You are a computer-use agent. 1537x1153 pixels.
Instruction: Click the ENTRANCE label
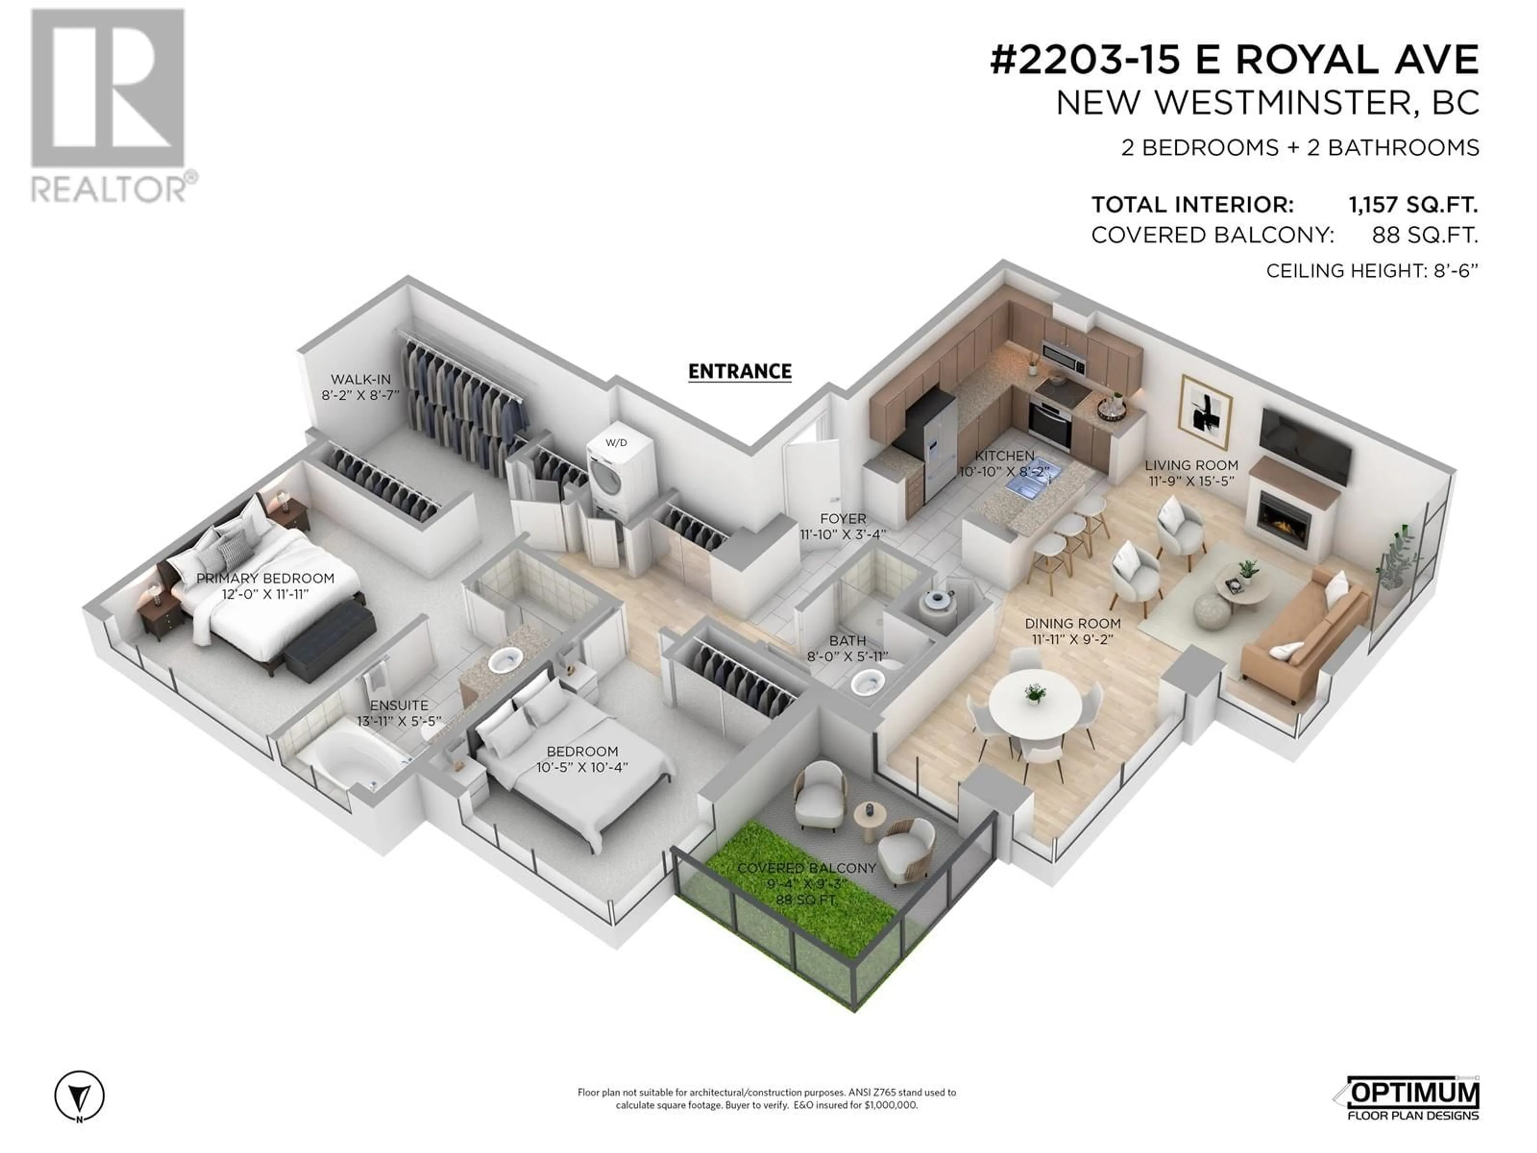point(739,372)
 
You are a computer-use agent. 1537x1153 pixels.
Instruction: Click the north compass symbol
point(79,1096)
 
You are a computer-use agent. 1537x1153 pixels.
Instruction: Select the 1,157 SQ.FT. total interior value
point(1413,205)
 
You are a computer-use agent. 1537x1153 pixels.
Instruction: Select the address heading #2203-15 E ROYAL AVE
point(1234,60)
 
